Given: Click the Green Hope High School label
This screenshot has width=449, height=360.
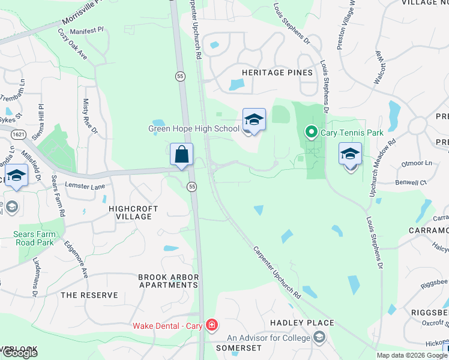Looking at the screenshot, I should pos(194,128).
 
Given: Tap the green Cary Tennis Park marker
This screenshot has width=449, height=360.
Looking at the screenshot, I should pos(311,131).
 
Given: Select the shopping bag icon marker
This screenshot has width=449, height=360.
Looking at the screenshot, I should pos(181,155).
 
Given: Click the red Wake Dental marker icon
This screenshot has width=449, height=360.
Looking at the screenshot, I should pos(211,326).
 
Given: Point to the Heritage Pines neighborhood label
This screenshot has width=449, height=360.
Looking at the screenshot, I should pos(277,73).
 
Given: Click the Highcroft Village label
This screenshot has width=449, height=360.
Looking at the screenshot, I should pos(133,212).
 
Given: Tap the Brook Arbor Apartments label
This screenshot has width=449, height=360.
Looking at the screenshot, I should pos(168,281).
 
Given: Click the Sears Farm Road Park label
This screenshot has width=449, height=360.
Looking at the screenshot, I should pos(34,238).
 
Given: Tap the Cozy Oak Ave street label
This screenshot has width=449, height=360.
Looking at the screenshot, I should pos(73,43).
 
